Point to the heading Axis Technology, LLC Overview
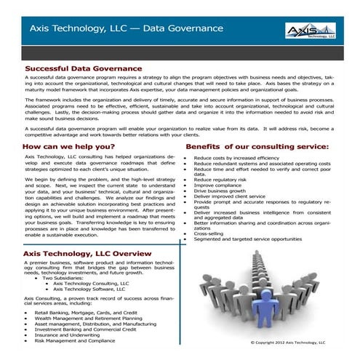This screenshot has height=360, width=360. coord(87,252)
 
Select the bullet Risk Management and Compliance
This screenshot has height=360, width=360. coord(74,340)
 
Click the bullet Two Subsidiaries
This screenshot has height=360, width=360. coord(69,277)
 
